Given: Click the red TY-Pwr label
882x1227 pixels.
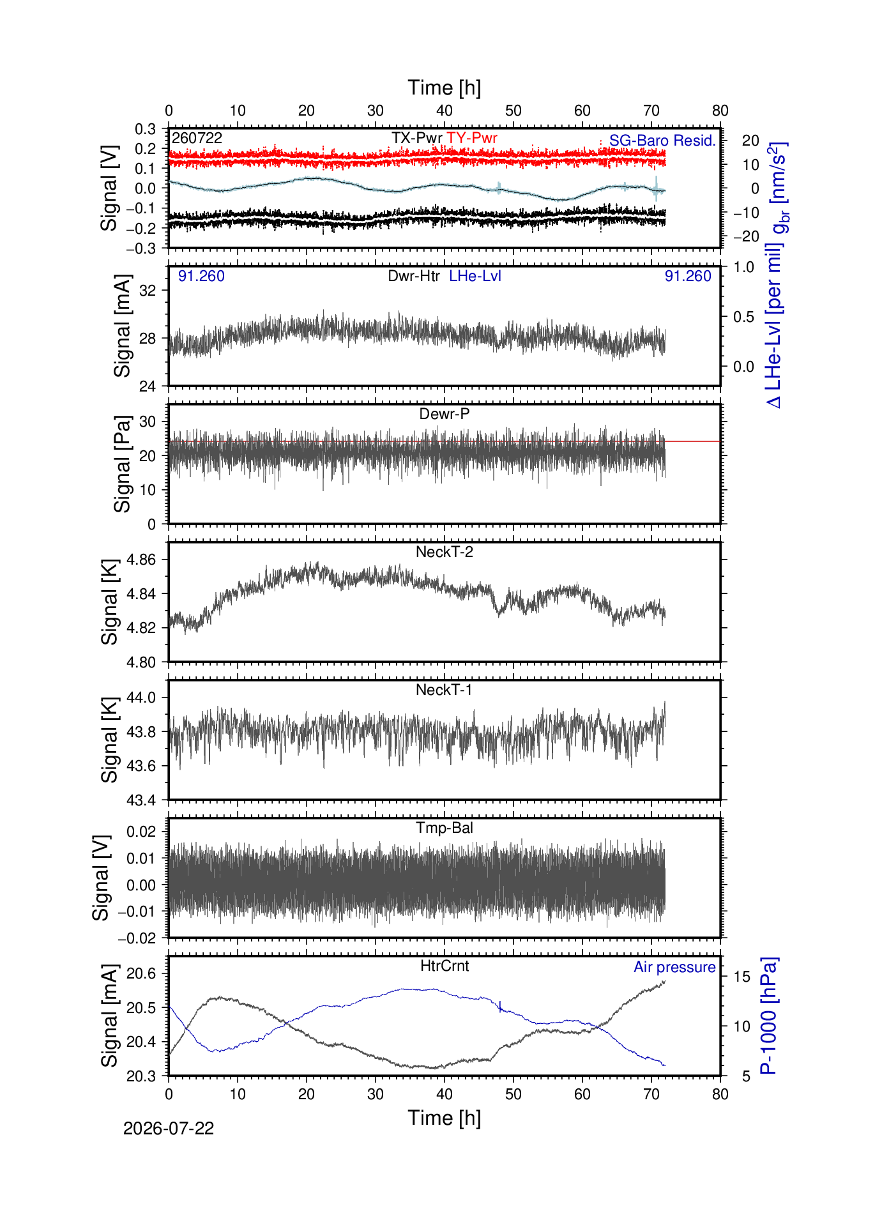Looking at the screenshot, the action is click(472, 138).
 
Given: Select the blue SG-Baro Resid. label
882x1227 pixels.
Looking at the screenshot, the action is click(662, 141).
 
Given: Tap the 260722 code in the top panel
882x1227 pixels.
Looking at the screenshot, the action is click(197, 138).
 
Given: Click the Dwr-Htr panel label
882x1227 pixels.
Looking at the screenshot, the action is click(414, 276).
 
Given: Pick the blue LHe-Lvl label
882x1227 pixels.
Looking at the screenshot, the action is click(475, 276).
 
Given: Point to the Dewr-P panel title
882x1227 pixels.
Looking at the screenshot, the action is click(445, 414).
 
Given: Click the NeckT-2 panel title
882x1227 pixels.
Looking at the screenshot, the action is click(445, 552).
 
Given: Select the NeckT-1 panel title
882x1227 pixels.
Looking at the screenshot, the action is click(445, 690).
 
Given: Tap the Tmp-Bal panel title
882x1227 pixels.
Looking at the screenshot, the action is click(445, 828).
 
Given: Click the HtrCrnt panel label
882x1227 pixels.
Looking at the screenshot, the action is click(445, 966).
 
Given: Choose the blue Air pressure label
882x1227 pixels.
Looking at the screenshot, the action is click(674, 967).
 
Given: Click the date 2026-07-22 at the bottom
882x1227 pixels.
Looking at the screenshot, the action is click(169, 1129).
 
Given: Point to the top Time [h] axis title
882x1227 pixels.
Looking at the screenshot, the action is click(445, 88).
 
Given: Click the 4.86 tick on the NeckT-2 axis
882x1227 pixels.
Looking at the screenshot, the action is click(141, 560).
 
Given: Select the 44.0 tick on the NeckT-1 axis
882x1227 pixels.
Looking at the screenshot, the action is click(141, 697).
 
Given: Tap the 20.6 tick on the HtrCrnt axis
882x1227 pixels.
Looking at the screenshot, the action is click(141, 974).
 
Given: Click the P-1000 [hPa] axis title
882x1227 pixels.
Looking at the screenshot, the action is click(769, 1016).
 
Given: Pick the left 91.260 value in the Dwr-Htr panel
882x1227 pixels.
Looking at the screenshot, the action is click(201, 276).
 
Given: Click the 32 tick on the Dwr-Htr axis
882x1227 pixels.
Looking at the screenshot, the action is click(148, 291).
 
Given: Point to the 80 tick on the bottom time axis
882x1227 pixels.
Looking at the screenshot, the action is click(720, 1094).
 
